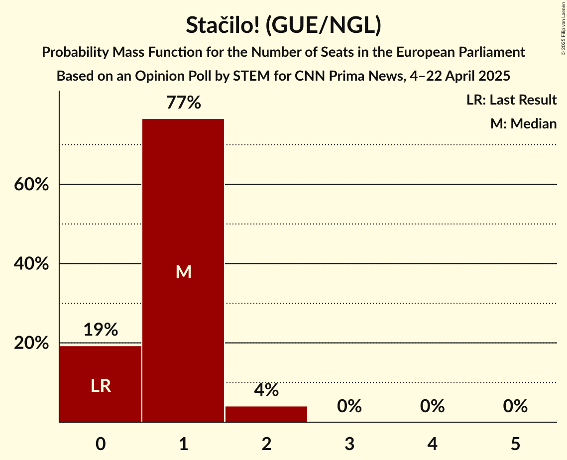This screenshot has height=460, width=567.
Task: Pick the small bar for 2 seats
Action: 266,414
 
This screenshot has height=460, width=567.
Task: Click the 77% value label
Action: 183,103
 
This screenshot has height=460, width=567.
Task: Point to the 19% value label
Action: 101,330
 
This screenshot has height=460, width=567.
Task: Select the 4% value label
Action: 266,390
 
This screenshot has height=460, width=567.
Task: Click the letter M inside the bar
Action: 183,272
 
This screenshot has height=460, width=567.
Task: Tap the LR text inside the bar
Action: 101,386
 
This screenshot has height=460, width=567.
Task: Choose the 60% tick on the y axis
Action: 31,185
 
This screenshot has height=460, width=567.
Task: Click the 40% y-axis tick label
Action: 31,264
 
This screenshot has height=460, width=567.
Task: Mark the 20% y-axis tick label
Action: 31,344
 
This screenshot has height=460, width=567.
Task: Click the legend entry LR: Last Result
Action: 511,100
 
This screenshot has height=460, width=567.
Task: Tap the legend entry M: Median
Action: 523,123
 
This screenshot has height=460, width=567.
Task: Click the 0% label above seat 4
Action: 432,406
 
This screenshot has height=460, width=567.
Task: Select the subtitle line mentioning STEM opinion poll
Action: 283,76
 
